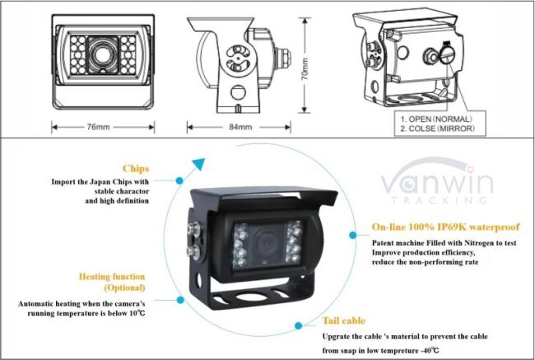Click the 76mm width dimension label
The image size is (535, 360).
point(98,127)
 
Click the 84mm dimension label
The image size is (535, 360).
point(240,127)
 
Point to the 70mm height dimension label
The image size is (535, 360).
point(305,69)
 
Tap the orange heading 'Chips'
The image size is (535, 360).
point(136,168)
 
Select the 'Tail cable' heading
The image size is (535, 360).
point(344,320)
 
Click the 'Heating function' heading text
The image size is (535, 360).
point(112,276)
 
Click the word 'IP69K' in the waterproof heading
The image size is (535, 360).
point(451,227)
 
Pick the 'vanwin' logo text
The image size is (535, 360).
point(437,180)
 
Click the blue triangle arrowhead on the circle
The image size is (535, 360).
point(198,164)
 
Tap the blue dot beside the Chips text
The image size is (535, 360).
point(179,180)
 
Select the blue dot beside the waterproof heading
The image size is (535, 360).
point(353,235)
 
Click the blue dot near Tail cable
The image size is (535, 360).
point(298,325)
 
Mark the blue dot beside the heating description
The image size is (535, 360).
point(180,300)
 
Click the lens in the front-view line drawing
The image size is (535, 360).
point(102,54)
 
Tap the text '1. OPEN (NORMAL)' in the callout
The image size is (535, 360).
point(436,119)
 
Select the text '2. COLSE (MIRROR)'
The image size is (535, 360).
point(437,129)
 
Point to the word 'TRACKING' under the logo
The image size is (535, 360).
point(440,200)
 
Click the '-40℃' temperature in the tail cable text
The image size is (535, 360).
point(429,350)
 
